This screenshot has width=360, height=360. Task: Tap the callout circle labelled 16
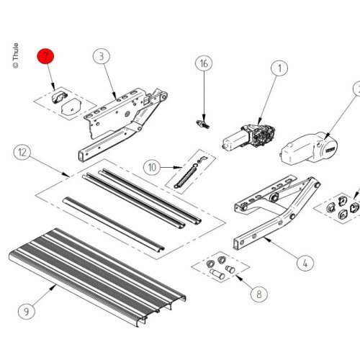click(204, 64)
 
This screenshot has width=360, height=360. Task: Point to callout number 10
click(151, 167)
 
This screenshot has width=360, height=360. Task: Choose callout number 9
click(26, 311)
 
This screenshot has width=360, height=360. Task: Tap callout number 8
click(258, 294)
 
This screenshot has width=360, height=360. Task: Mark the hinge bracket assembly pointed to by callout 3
click(122, 119)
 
